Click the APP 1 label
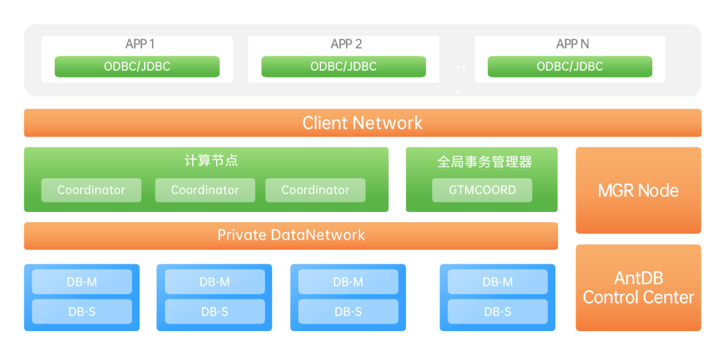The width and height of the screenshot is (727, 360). (x=140, y=44)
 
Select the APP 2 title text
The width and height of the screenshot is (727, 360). (x=346, y=44)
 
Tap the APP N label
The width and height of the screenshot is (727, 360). (x=572, y=44)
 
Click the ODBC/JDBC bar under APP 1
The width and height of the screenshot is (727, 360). (x=137, y=67)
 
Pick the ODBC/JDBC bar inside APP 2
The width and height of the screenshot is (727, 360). (x=343, y=67)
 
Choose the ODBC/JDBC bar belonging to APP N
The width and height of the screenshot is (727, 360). (x=569, y=67)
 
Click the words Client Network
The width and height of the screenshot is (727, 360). (x=362, y=123)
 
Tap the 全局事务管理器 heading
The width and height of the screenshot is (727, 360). (x=485, y=162)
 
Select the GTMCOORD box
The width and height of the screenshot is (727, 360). (x=482, y=190)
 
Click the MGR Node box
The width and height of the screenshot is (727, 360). (x=638, y=190)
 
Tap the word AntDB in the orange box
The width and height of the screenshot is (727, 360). (x=638, y=278)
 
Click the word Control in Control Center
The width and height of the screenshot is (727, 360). (x=610, y=297)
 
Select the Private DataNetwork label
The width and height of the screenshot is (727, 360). (x=291, y=235)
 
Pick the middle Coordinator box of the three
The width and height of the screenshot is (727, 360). (x=205, y=190)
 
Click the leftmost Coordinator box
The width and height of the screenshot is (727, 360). (x=91, y=190)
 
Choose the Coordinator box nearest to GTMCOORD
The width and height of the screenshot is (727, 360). (x=315, y=190)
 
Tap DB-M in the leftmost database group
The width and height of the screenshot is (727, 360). (x=81, y=282)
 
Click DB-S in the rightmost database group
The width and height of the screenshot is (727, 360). (x=497, y=312)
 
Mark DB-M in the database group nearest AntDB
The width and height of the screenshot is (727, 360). (x=497, y=282)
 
